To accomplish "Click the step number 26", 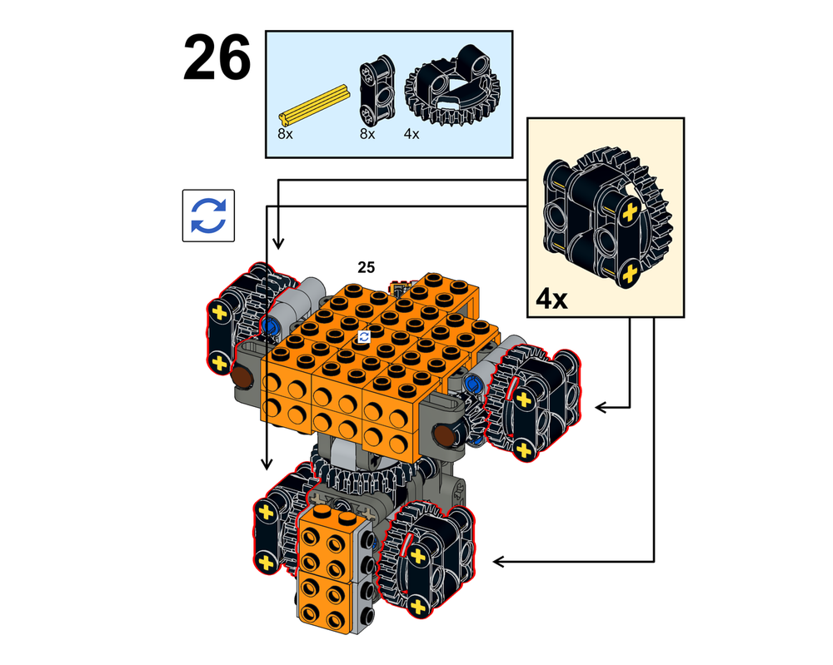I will click(217, 58).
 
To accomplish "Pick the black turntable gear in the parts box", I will click(445, 91).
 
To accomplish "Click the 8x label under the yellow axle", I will click(286, 132).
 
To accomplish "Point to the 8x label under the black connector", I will click(367, 132).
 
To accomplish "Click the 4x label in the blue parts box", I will click(412, 132).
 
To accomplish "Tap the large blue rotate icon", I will click(208, 216).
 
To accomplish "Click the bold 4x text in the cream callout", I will click(551, 297).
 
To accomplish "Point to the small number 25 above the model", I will click(366, 267).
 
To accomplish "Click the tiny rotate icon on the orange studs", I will click(363, 336).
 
